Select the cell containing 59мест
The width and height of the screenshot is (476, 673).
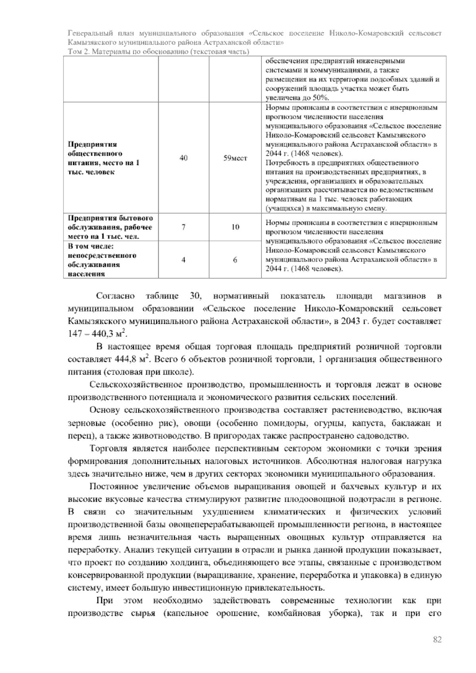[235, 158]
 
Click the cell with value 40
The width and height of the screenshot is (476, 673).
[184, 158]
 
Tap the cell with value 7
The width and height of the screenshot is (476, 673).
[184, 227]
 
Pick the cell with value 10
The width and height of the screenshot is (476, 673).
[235, 227]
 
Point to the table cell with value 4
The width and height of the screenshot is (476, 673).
[184, 260]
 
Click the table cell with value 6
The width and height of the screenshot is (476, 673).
[235, 260]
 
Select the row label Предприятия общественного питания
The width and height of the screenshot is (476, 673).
[104, 158]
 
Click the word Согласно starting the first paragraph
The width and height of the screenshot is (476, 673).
[115, 296]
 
